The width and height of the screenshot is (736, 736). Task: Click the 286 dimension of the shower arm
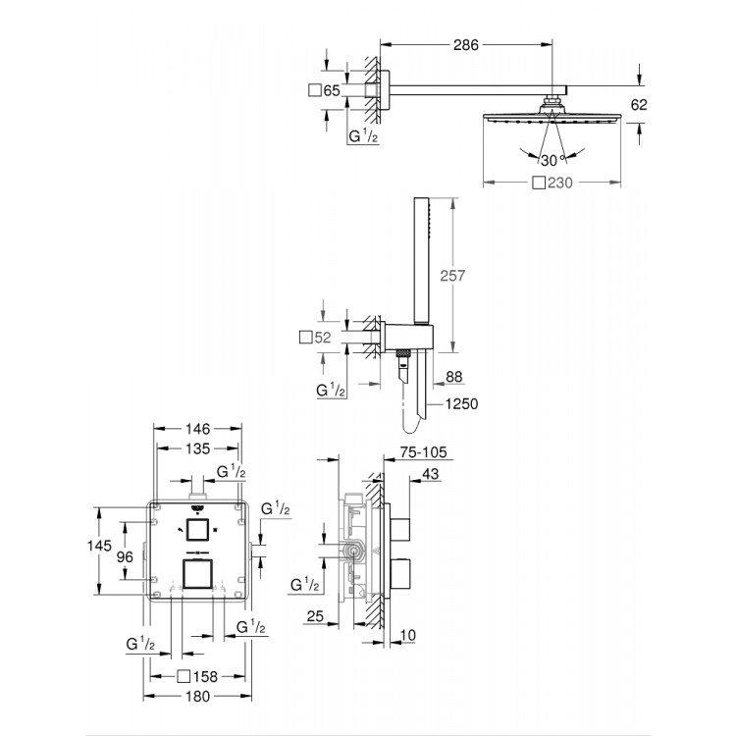pos(465,42)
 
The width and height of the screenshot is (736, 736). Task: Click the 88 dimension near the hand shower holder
pos(452,374)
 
